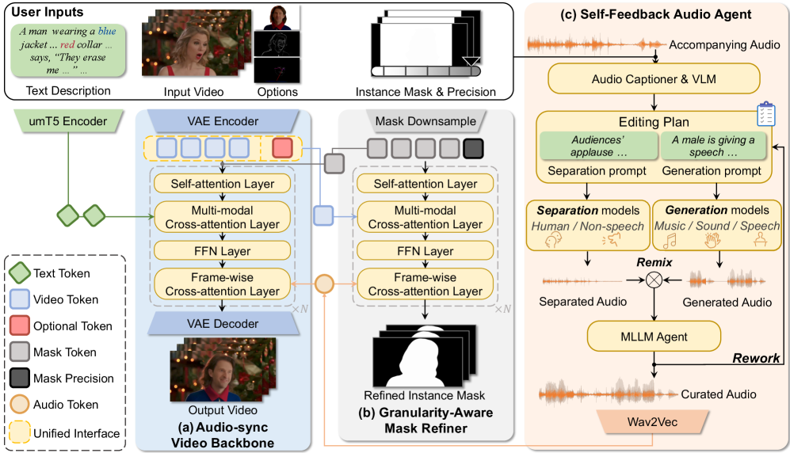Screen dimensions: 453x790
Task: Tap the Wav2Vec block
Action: (654, 421)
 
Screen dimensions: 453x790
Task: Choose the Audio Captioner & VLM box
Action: (653, 79)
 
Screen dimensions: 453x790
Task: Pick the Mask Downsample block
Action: (426, 122)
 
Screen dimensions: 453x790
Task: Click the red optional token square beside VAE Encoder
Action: (282, 148)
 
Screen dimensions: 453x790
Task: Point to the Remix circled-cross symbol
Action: (655, 280)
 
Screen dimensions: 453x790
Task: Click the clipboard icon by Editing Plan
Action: (765, 115)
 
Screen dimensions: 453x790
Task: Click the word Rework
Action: (755, 359)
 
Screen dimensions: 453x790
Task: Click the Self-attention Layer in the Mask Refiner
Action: (426, 185)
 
